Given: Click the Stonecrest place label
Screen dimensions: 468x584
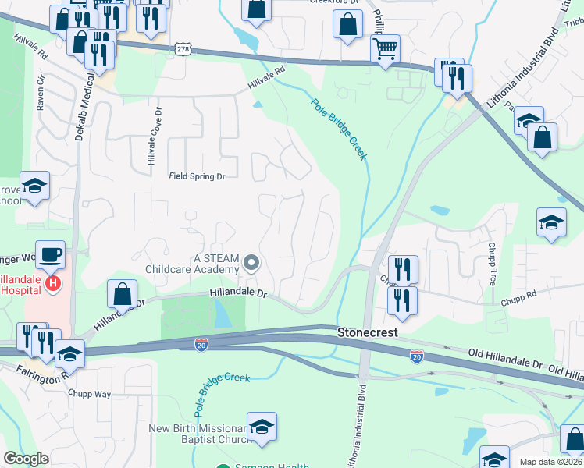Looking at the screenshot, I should (x=367, y=332).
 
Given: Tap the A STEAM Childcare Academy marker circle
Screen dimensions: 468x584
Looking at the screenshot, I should (x=251, y=262).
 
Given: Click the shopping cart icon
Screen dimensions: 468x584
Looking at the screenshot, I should (x=385, y=49).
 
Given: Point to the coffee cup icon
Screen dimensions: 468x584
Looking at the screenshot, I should (x=50, y=254).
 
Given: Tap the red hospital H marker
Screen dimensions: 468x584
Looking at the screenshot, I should (x=53, y=282).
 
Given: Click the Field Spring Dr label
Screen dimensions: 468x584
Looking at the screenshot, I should (x=198, y=176).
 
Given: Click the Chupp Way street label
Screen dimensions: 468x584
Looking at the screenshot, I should (x=92, y=394).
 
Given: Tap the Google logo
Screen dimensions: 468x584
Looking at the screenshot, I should (x=26, y=459).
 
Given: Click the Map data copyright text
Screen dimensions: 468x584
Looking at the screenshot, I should (x=550, y=462).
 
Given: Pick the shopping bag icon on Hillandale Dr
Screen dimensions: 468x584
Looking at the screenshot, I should (x=122, y=295).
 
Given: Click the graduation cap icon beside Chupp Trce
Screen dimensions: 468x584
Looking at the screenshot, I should (x=551, y=222).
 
